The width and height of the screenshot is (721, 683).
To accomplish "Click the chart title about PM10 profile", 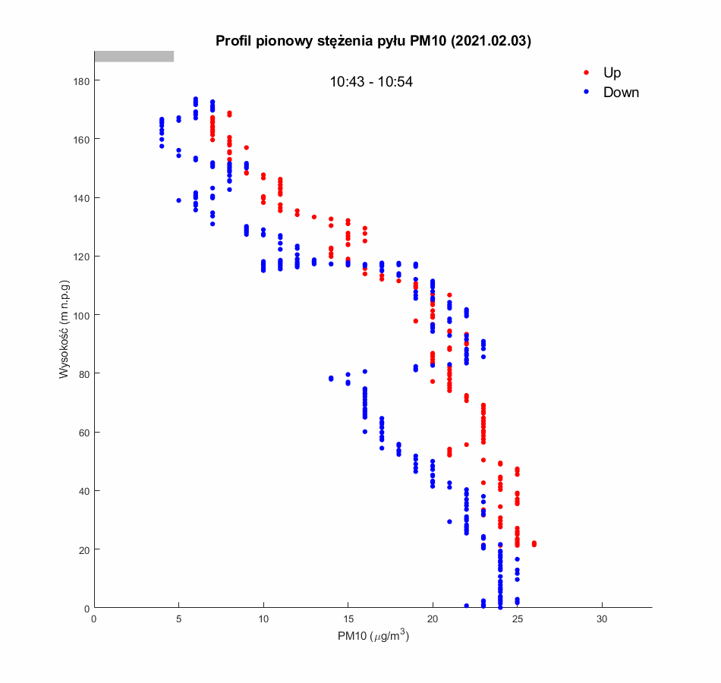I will [x=373, y=41].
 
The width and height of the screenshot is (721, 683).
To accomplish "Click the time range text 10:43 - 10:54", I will [x=371, y=82].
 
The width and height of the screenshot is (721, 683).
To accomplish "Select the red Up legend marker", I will [x=586, y=73].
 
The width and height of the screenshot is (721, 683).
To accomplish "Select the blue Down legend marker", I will [x=586, y=93].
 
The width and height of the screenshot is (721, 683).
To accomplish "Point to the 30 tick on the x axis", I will [x=602, y=619].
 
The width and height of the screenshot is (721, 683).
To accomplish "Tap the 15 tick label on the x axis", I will [x=348, y=619].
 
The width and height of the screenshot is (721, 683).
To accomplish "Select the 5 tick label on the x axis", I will [x=178, y=619].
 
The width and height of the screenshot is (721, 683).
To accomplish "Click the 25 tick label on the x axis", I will [x=517, y=619].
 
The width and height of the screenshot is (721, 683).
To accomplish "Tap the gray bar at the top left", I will [x=134, y=56].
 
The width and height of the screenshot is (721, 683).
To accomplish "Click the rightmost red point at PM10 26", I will [x=534, y=543].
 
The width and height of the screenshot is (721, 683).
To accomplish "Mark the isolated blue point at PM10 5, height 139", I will [x=178, y=200].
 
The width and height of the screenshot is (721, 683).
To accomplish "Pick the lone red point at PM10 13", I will [x=313, y=217].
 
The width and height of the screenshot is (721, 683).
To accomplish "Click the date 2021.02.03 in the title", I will [x=490, y=41].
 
